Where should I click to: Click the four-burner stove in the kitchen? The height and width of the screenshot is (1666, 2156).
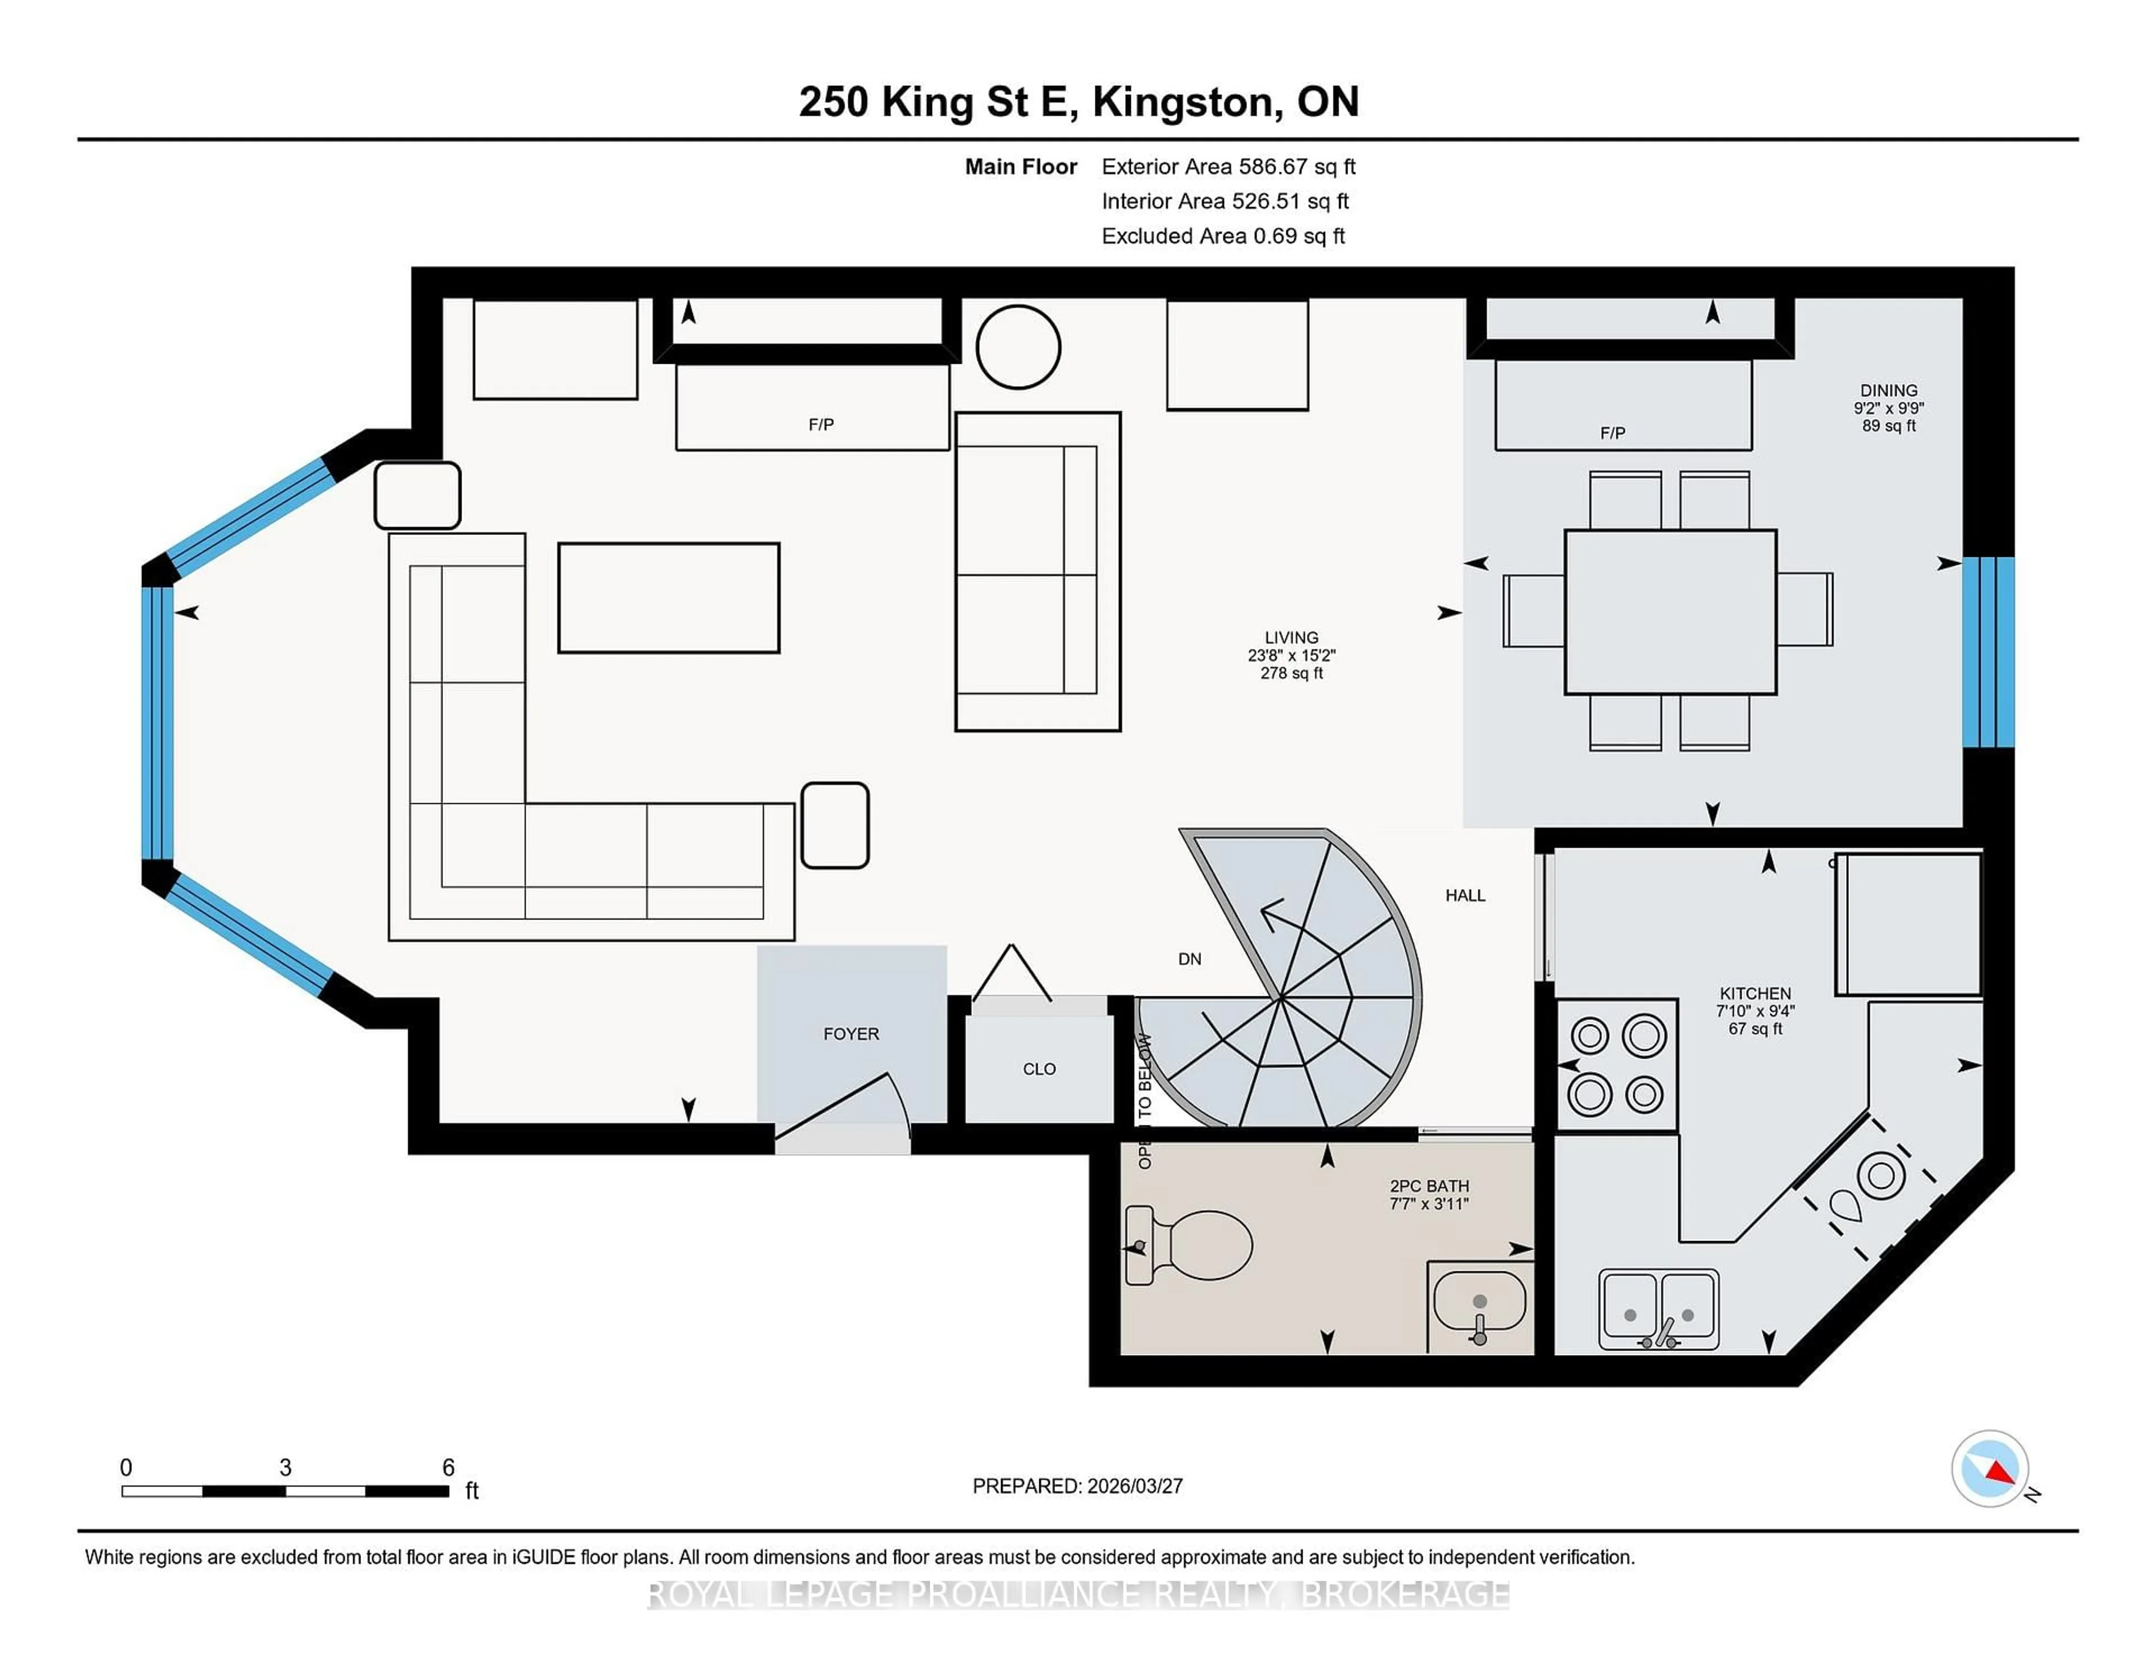tap(1617, 1065)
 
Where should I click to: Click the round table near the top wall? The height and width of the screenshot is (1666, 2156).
tap(1018, 347)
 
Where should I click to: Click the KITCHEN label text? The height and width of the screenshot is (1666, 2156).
tap(1755, 994)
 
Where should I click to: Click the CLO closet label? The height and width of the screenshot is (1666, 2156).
tap(1039, 1069)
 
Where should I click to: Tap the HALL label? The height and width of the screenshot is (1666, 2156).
tap(1465, 895)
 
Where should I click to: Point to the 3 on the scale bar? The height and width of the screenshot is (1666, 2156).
tap(285, 1468)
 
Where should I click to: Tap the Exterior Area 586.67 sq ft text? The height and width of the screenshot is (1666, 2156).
tap(1228, 167)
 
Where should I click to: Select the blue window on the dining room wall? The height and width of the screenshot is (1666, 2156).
tap(1987, 651)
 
